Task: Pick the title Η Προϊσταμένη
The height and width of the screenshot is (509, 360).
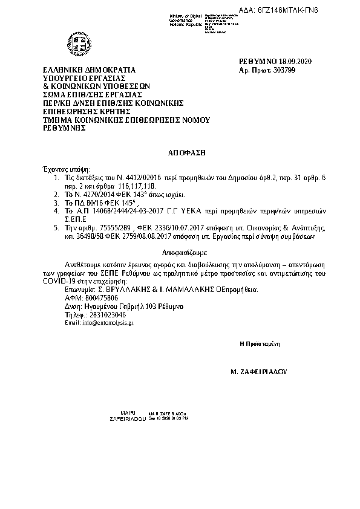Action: pyautogui.click(x=259, y=343)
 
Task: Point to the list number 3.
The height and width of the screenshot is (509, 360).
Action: pyautogui.click(x=56, y=203)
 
